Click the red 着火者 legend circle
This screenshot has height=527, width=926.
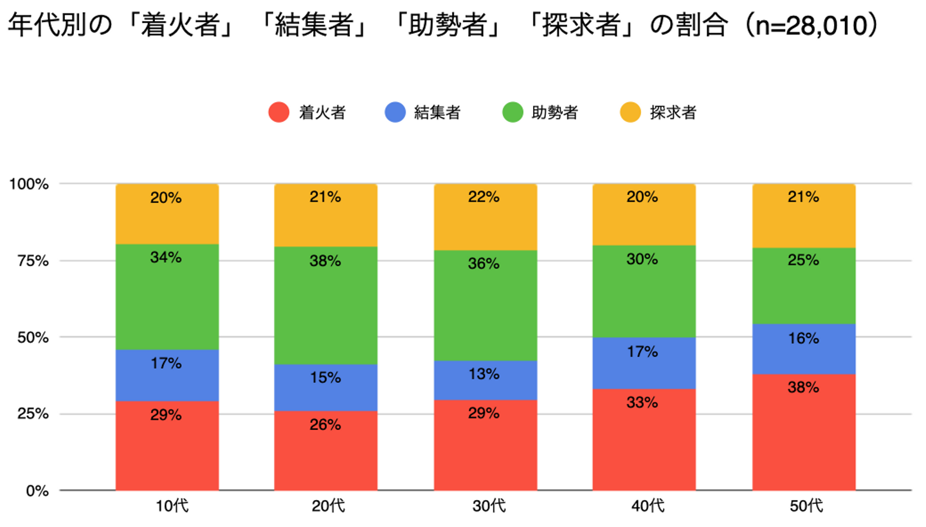coord(278,113)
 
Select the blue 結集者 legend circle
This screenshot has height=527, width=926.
coord(395,113)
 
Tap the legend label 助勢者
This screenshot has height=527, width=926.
coord(554,113)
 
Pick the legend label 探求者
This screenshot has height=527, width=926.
coord(673,113)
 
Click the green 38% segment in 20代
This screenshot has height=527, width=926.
coord(325,305)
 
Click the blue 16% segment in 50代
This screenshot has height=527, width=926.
coord(803,349)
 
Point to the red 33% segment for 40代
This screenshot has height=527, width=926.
coord(644,440)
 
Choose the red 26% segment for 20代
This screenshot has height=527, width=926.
coord(325,451)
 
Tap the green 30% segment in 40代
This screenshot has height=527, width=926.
coord(644,291)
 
